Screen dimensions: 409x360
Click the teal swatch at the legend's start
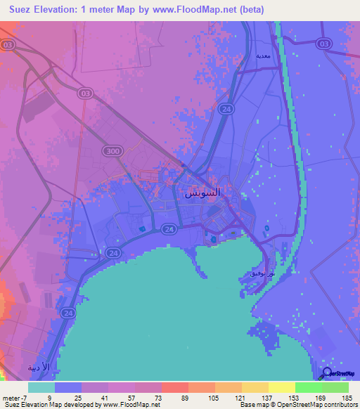click(x=41, y=387)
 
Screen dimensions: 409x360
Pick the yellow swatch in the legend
click(x=282, y=387)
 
